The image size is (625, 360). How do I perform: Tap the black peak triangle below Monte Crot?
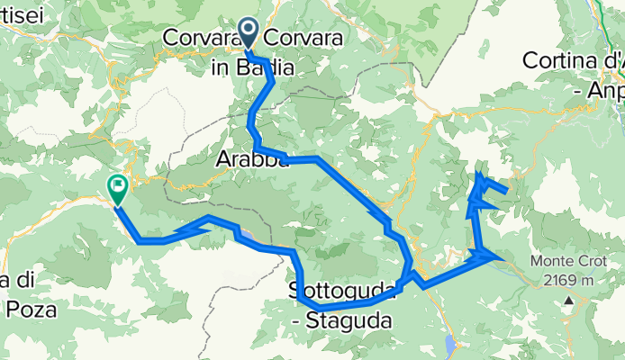568,299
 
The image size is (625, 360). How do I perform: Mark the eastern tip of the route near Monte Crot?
496,256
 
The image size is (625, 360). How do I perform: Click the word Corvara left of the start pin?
198,39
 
